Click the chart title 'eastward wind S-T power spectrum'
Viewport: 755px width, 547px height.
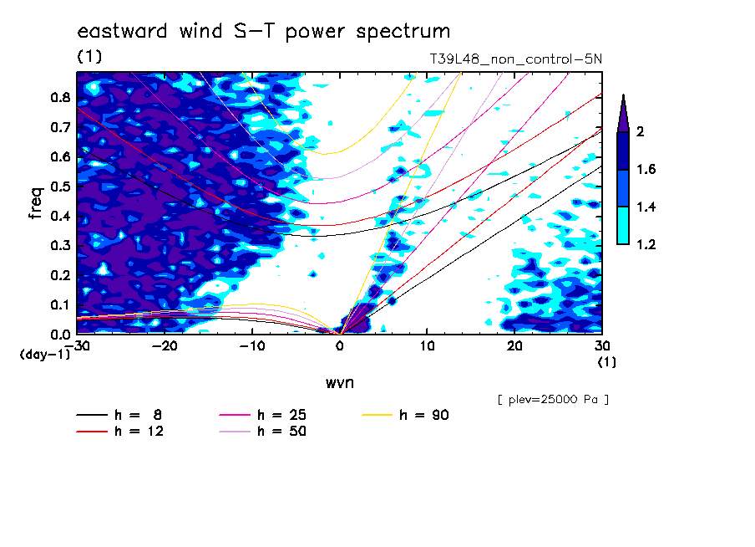click(264, 31)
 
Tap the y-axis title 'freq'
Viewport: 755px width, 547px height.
click(36, 203)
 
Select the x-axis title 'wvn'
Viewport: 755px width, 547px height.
click(340, 383)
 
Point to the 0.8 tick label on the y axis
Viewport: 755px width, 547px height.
click(61, 97)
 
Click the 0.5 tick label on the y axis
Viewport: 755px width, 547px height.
click(61, 187)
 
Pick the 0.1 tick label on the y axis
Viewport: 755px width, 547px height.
click(61, 304)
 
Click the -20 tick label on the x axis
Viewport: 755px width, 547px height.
click(165, 346)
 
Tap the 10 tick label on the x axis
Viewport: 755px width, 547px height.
click(427, 346)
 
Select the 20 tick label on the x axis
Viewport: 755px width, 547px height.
click(514, 346)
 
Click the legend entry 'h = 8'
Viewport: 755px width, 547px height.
click(119, 415)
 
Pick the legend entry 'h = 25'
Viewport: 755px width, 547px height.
click(263, 415)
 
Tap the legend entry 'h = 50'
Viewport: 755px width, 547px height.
click(263, 431)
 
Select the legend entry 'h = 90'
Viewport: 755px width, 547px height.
click(405, 415)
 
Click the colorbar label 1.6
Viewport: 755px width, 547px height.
click(646, 169)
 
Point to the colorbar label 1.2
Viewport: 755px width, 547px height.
click(646, 244)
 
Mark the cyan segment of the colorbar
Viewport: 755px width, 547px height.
click(623, 226)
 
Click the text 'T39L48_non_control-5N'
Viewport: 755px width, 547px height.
click(515, 59)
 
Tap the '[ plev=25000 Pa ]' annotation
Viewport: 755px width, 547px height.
click(553, 400)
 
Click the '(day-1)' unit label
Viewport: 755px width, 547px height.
click(44, 355)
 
